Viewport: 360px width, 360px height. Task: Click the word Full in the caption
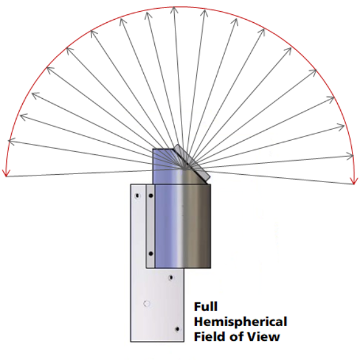pos(206,307)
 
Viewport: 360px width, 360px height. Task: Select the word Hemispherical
pos(241,322)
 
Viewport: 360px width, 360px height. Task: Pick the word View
pos(263,337)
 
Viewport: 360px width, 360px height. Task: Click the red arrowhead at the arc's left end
pos(6,174)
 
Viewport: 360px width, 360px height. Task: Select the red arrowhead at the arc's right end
pos(354,181)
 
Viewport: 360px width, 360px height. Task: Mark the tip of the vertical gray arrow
pos(174,7)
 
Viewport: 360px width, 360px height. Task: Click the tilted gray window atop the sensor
pos(191,162)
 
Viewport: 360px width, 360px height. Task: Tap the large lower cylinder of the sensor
pos(183,226)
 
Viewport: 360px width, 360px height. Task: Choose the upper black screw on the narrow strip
pos(151,196)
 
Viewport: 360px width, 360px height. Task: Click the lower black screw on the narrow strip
pos(151,254)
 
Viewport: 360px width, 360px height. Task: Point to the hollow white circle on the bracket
pos(147,304)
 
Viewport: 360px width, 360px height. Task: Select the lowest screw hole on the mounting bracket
pos(177,329)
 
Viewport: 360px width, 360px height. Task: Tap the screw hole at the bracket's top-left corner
pos(137,196)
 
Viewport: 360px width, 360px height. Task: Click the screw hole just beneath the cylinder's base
pos(170,278)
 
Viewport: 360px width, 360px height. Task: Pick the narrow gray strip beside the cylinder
pos(151,226)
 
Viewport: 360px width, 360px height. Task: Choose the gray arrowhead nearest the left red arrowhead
pos(12,141)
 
